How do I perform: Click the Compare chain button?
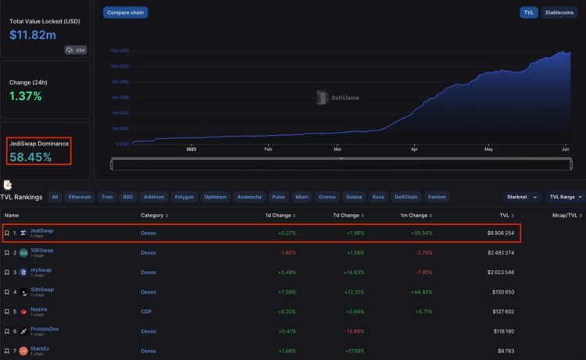[125, 12]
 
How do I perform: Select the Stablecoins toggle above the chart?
[559, 12]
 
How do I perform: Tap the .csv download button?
[75, 50]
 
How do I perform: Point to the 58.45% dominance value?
[30, 157]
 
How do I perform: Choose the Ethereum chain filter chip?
[79, 197]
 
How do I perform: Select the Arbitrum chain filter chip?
[155, 197]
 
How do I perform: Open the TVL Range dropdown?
[564, 197]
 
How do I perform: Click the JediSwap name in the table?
[41, 230]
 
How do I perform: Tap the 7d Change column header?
[345, 215]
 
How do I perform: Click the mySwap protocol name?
[41, 270]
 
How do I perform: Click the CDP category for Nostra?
[146, 311]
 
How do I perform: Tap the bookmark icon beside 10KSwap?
[6, 252]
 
